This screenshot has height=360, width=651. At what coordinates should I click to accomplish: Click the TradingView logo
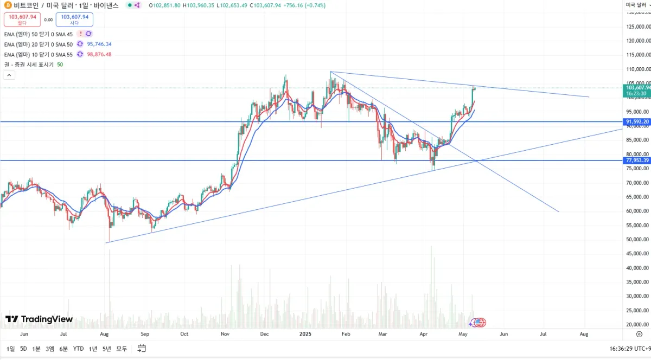(39, 319)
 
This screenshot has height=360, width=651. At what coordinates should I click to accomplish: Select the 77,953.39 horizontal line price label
(637, 160)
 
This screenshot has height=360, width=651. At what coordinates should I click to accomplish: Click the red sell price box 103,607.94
(22, 20)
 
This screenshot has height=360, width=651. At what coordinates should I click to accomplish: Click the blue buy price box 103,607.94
(74, 20)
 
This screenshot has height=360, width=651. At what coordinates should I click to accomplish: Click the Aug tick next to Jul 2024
(105, 335)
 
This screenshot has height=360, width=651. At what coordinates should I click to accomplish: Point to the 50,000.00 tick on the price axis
(638, 240)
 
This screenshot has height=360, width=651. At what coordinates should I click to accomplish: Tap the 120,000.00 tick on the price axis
(638, 41)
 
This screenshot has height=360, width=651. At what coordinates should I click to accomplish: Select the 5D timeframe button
(24, 349)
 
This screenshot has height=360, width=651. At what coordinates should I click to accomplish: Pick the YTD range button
(78, 349)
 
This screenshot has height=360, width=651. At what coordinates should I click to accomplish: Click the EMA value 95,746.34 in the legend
(99, 44)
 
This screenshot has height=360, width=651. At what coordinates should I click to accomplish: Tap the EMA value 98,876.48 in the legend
(99, 54)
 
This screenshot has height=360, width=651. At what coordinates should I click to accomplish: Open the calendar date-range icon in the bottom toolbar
(142, 348)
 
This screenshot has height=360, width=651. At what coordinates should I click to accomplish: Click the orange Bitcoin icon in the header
(8, 5)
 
